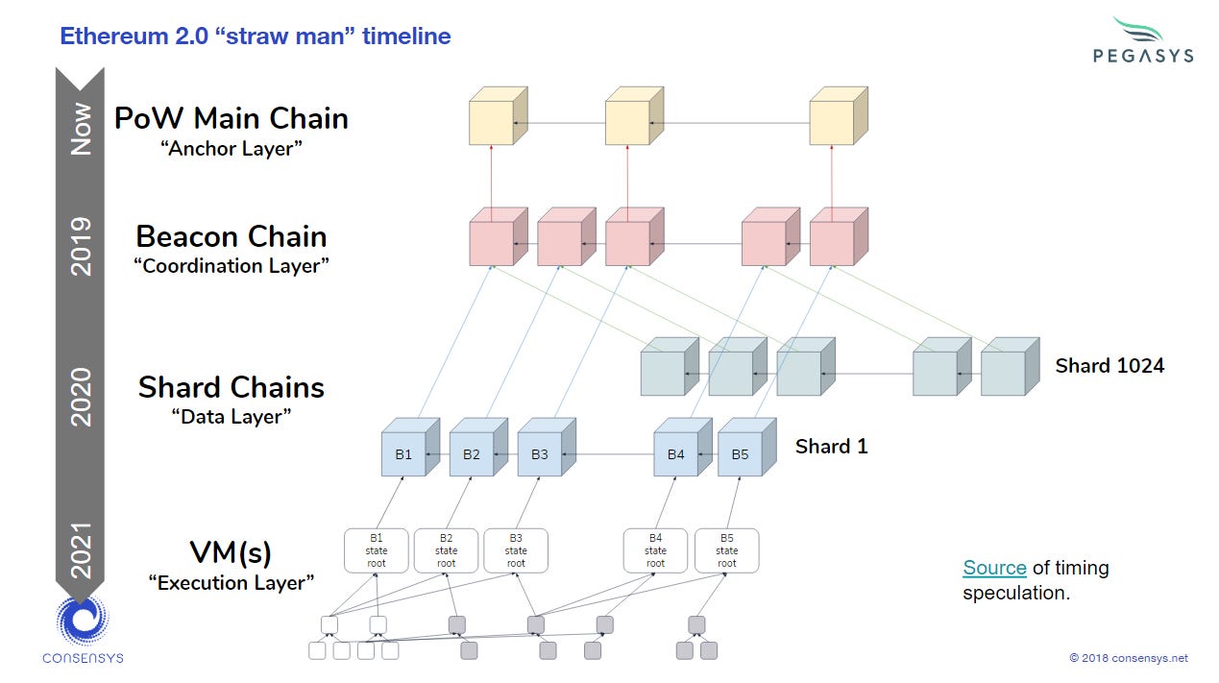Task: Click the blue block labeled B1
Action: (x=403, y=454)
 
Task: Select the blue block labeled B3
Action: (x=540, y=454)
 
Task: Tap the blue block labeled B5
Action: (x=740, y=454)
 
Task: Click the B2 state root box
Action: (x=446, y=550)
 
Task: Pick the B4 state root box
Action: (x=655, y=550)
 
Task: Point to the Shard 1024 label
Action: (x=1109, y=365)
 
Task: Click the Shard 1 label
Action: (x=831, y=446)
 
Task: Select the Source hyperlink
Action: (x=994, y=568)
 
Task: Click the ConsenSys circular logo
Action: (x=82, y=621)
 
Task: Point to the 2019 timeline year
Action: (x=82, y=247)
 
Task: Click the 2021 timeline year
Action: (x=82, y=549)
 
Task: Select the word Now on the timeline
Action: (x=82, y=130)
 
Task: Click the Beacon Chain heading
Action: (x=231, y=236)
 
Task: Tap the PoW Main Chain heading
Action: (x=231, y=118)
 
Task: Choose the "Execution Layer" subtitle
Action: (x=231, y=582)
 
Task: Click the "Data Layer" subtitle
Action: (x=231, y=416)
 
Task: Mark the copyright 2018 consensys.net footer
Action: (x=1128, y=658)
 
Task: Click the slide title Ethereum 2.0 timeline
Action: (x=256, y=37)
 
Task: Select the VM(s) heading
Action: (x=231, y=552)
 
